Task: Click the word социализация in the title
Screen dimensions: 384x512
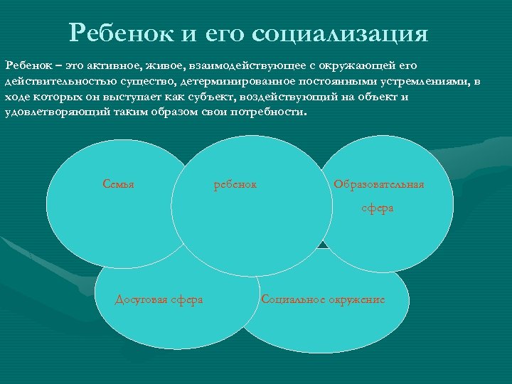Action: point(340,33)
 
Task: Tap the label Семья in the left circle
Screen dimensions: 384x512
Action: point(118,185)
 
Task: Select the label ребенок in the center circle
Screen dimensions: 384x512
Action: point(235,185)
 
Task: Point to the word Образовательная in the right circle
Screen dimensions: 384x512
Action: point(378,185)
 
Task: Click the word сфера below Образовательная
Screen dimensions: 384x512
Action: point(377,208)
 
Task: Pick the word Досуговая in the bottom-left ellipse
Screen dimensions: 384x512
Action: point(142,299)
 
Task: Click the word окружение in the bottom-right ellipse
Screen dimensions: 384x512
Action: point(356,299)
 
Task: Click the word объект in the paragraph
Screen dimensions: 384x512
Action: point(377,97)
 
